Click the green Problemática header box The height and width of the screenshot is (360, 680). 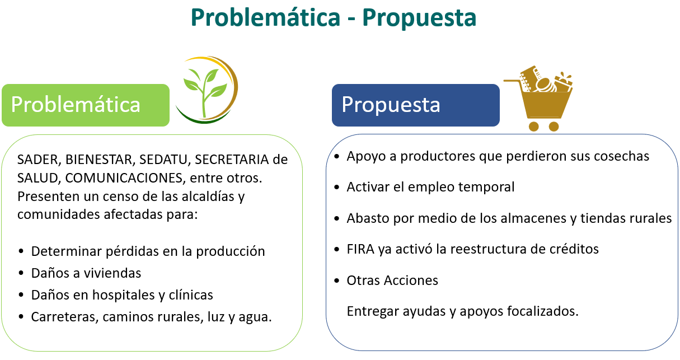click(86, 105)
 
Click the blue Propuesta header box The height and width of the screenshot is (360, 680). click(416, 105)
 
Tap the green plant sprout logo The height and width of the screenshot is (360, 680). click(207, 90)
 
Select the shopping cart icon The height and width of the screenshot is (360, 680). click(538, 99)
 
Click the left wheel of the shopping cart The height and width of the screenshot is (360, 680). click(534, 127)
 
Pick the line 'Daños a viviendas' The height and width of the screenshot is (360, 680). click(86, 273)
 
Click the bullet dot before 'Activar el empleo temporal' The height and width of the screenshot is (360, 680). click(337, 187)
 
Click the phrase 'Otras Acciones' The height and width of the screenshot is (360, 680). click(392, 280)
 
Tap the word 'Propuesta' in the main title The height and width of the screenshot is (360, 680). click(419, 18)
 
